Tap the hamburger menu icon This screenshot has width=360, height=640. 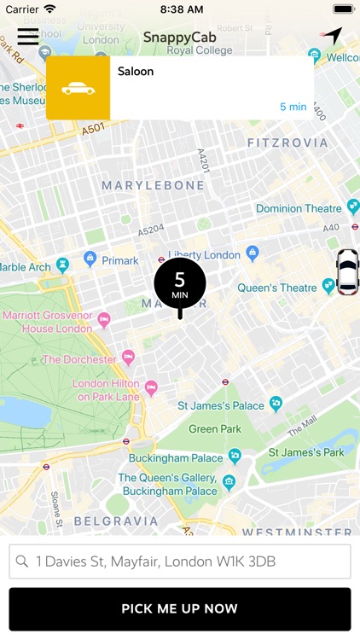28,36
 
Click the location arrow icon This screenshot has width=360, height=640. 331,37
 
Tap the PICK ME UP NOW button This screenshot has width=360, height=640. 180,609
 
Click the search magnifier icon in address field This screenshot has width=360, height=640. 22,562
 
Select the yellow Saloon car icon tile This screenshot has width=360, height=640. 78,88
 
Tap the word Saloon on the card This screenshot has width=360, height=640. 136,72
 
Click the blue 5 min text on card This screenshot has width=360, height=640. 293,107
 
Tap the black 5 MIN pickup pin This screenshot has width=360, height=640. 179,283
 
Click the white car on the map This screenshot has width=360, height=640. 347,271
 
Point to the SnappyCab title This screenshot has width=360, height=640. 179,38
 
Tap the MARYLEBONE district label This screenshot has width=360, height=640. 154,185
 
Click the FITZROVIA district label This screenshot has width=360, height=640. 287,143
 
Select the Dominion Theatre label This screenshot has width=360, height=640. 299,208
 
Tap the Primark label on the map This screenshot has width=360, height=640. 119,261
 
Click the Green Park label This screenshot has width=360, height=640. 215,429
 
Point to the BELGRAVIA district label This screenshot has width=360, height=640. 104,521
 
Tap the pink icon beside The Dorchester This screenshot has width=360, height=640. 129,357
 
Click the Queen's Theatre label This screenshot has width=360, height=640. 277,288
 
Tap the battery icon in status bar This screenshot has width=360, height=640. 343,9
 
